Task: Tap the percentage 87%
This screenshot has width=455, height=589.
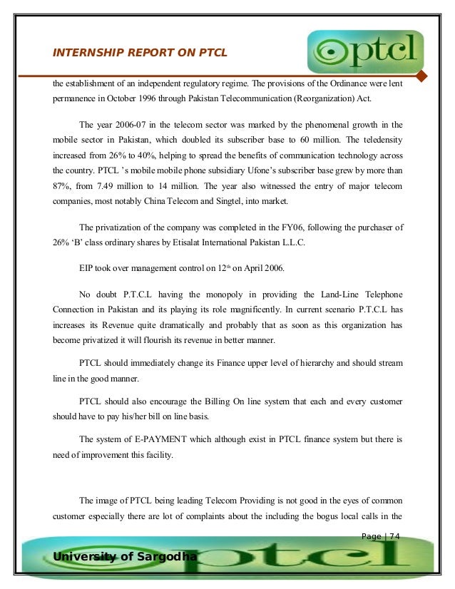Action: click(x=62, y=186)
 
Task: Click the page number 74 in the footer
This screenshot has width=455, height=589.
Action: click(x=394, y=537)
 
